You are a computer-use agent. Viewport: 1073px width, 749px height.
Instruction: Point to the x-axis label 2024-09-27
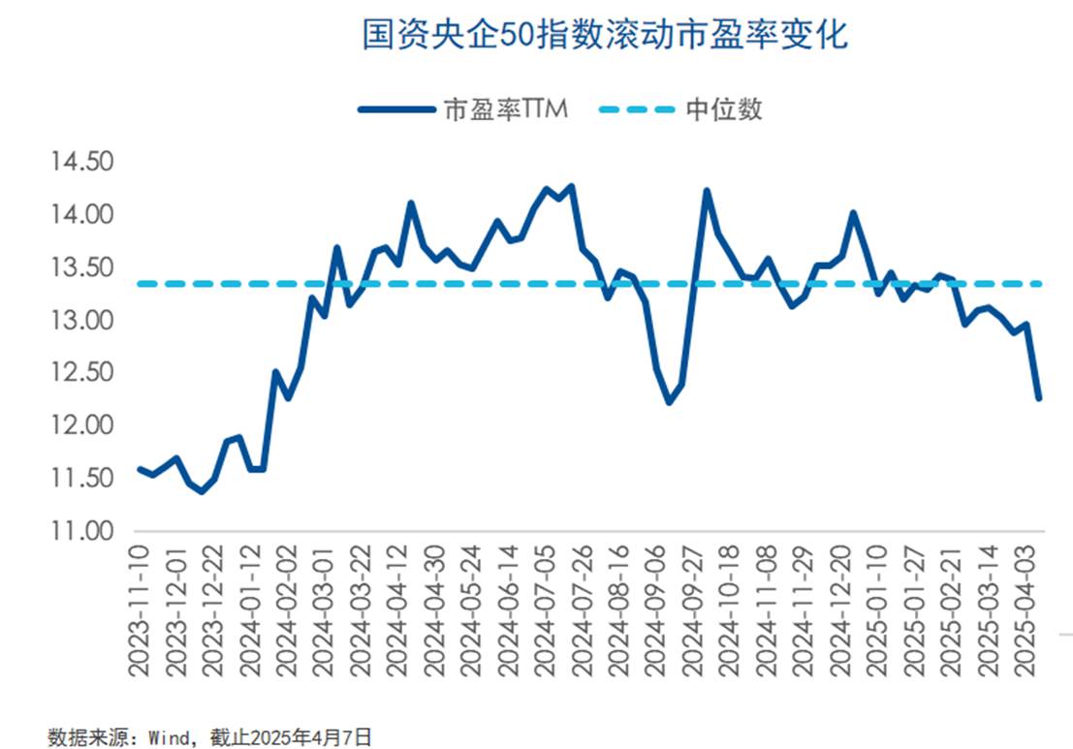point(694,608)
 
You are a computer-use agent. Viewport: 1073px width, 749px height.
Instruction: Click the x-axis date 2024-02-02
point(288,608)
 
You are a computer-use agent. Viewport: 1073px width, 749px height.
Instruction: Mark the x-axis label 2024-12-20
point(842,608)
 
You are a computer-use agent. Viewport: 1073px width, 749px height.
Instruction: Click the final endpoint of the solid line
point(1039,398)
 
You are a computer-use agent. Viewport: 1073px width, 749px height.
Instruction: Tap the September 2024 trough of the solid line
point(669,402)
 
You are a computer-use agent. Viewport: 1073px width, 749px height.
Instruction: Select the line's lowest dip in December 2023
point(202,491)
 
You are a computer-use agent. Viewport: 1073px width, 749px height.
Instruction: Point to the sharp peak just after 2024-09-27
point(707,191)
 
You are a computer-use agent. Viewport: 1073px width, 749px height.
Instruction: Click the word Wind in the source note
point(168,736)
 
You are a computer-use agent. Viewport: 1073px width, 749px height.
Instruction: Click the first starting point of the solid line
point(140,469)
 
